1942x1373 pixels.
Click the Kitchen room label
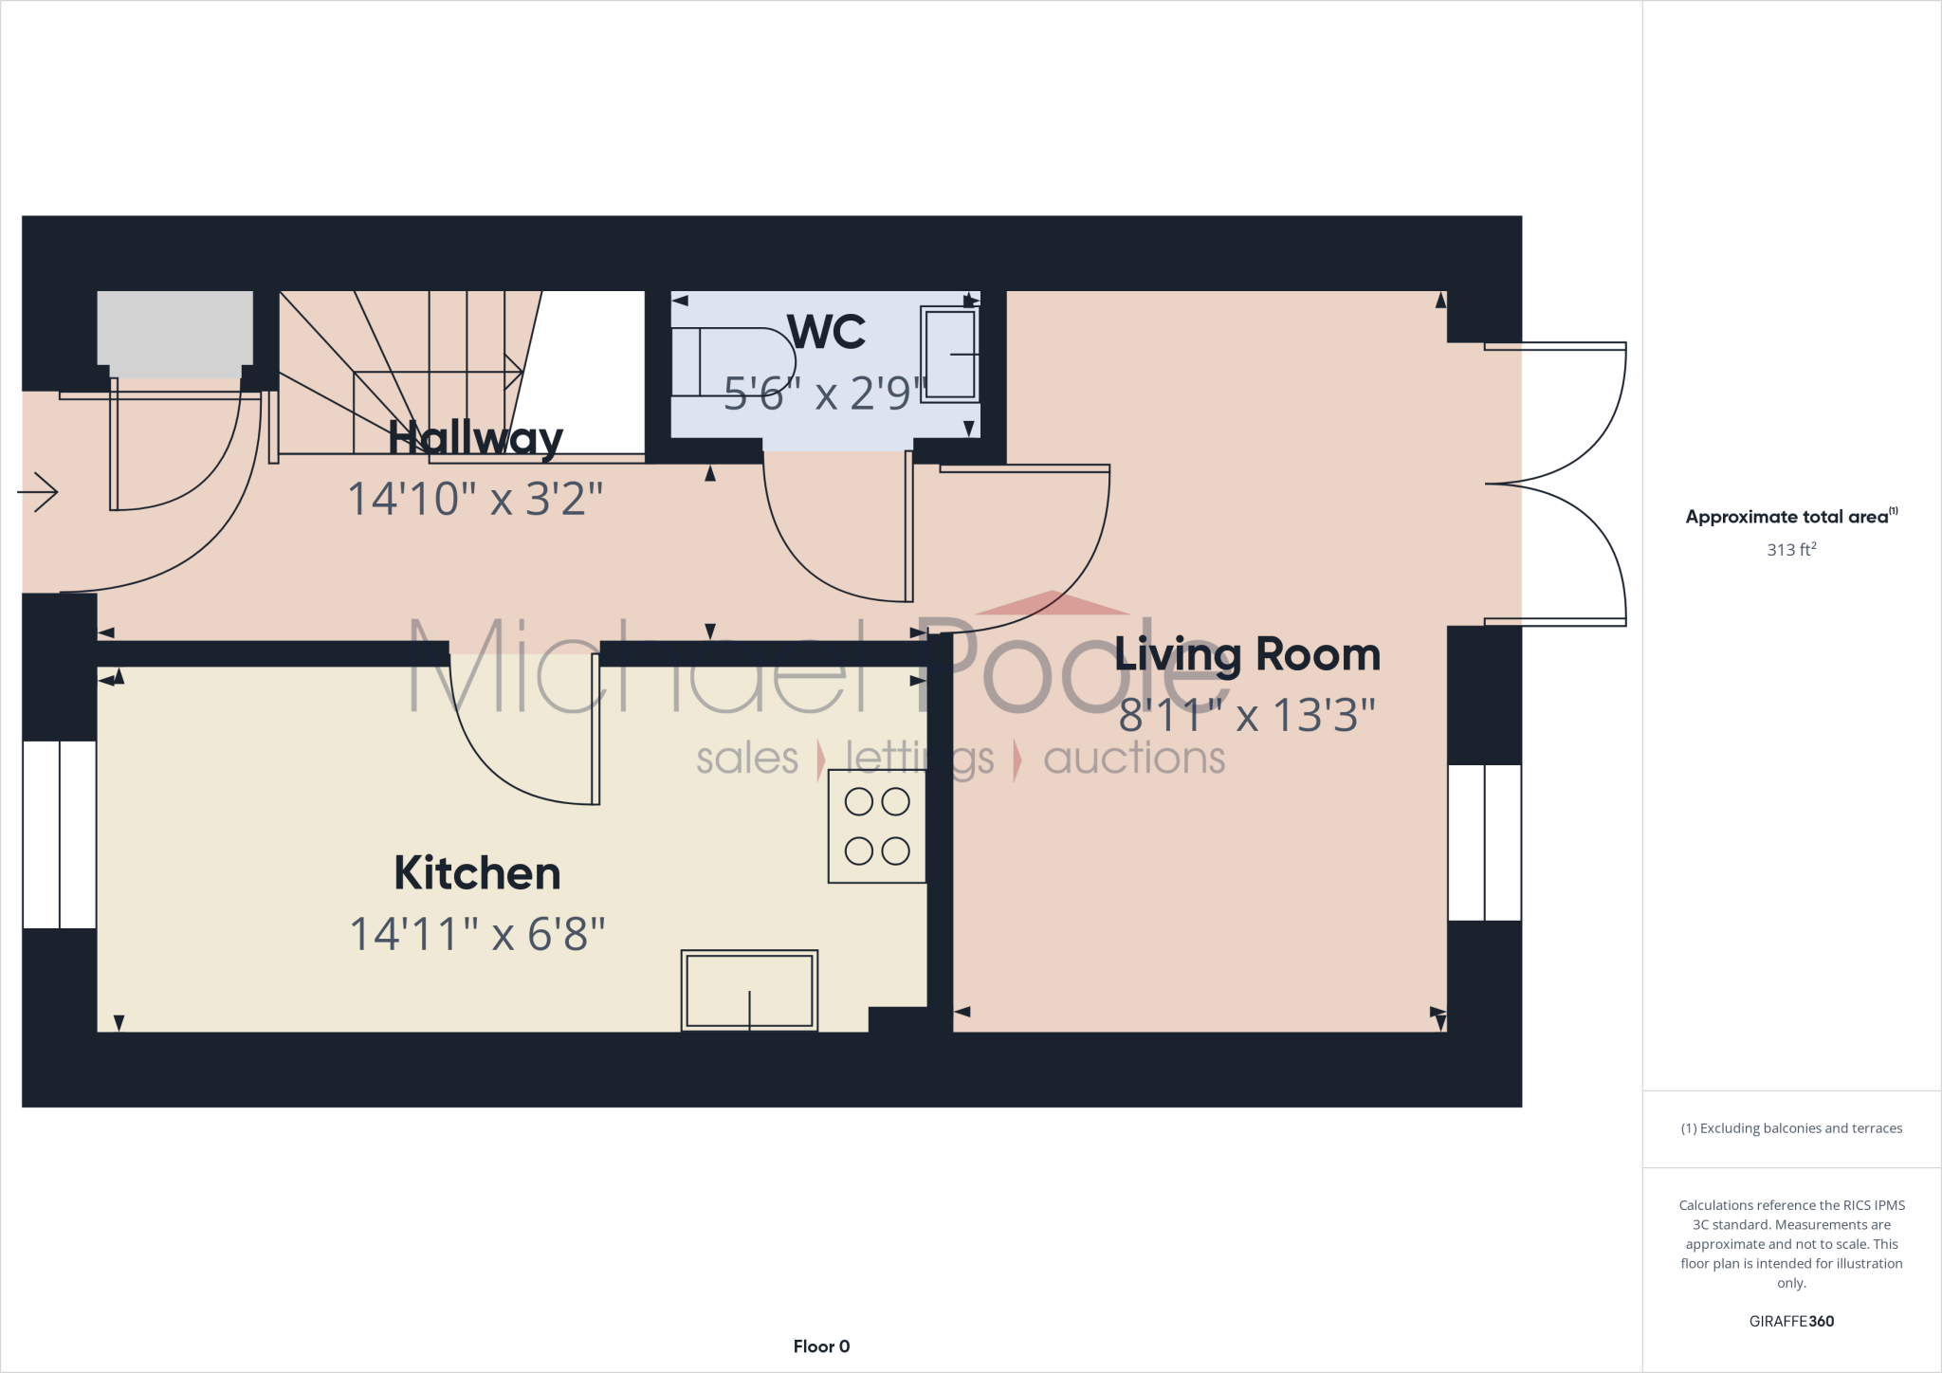[x=477, y=873]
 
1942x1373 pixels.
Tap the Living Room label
[x=1247, y=654]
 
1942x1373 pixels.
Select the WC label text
[x=826, y=332]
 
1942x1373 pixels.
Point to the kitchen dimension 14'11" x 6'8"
[x=477, y=935]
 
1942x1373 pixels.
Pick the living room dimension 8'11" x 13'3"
[x=1247, y=716]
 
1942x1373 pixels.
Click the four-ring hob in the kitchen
[x=877, y=826]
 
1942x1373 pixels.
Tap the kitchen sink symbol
[x=749, y=990]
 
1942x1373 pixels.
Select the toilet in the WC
[x=735, y=362]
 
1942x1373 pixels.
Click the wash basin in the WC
[x=949, y=354]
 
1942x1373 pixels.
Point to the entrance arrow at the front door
[x=38, y=492]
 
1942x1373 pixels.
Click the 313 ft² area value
[x=1791, y=550]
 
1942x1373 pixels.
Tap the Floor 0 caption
[x=821, y=1346]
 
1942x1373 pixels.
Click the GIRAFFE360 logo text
[x=1791, y=1321]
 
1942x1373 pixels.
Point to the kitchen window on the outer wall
[x=59, y=834]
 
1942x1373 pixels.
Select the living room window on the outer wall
[x=1484, y=843]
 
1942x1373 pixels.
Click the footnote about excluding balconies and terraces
[x=1791, y=1128]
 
